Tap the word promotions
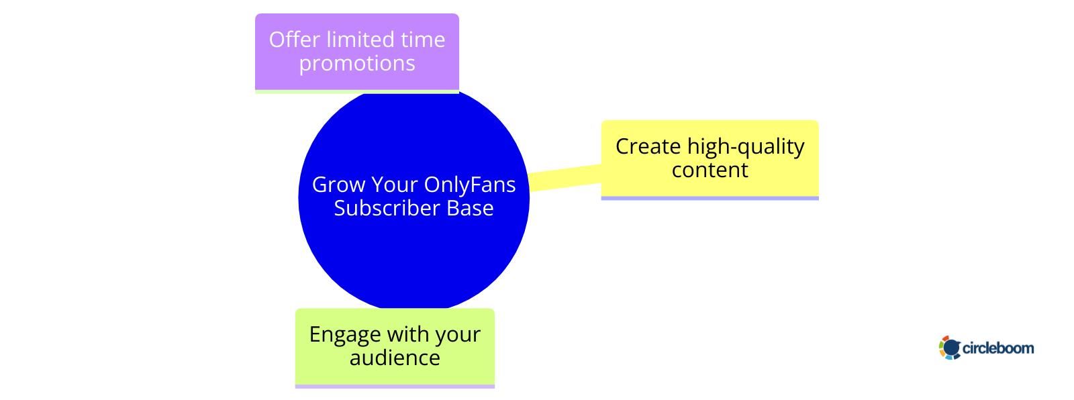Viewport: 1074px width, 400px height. (357, 63)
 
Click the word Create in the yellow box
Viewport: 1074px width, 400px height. (648, 146)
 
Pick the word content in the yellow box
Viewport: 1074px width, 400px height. (710, 170)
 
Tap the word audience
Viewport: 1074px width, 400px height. (395, 358)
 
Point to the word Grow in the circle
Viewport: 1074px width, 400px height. (338, 185)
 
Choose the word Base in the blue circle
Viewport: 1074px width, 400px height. (473, 208)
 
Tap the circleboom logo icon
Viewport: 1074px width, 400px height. (950, 348)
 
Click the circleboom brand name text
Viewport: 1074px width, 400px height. (998, 348)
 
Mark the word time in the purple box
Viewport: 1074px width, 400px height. (423, 40)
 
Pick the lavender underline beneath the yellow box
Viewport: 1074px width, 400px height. (710, 198)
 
